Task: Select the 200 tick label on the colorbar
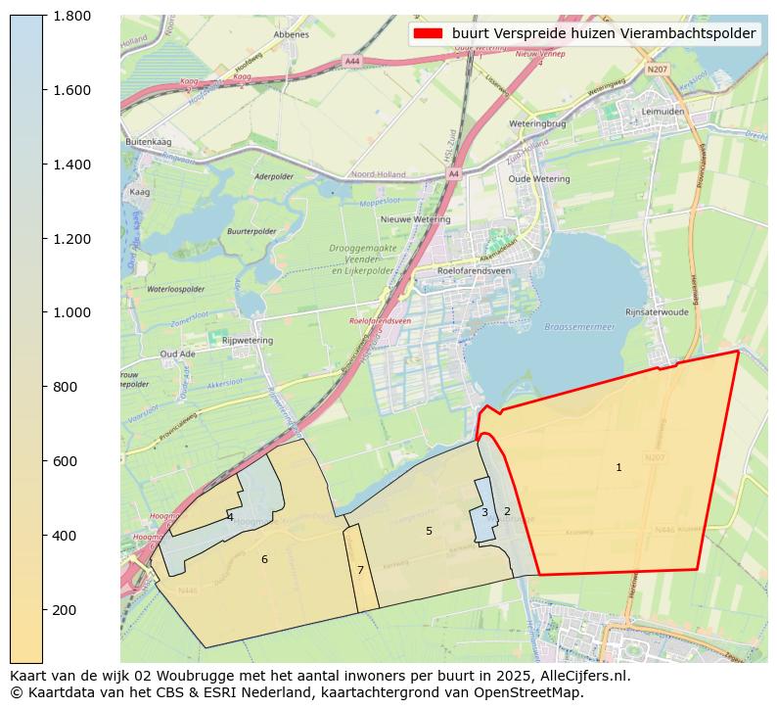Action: (x=65, y=610)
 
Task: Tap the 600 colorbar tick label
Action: (x=65, y=461)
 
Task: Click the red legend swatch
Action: (x=428, y=33)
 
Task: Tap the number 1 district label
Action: (x=618, y=468)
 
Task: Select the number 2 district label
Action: (x=507, y=511)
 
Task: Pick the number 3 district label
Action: (x=484, y=512)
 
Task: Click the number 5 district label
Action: (x=429, y=531)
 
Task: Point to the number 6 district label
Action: (x=264, y=559)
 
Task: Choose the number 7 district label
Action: (x=360, y=570)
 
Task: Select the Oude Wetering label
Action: (x=539, y=179)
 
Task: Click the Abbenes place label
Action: (x=292, y=34)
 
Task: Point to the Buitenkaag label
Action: (x=148, y=142)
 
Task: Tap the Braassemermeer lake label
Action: (x=579, y=326)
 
